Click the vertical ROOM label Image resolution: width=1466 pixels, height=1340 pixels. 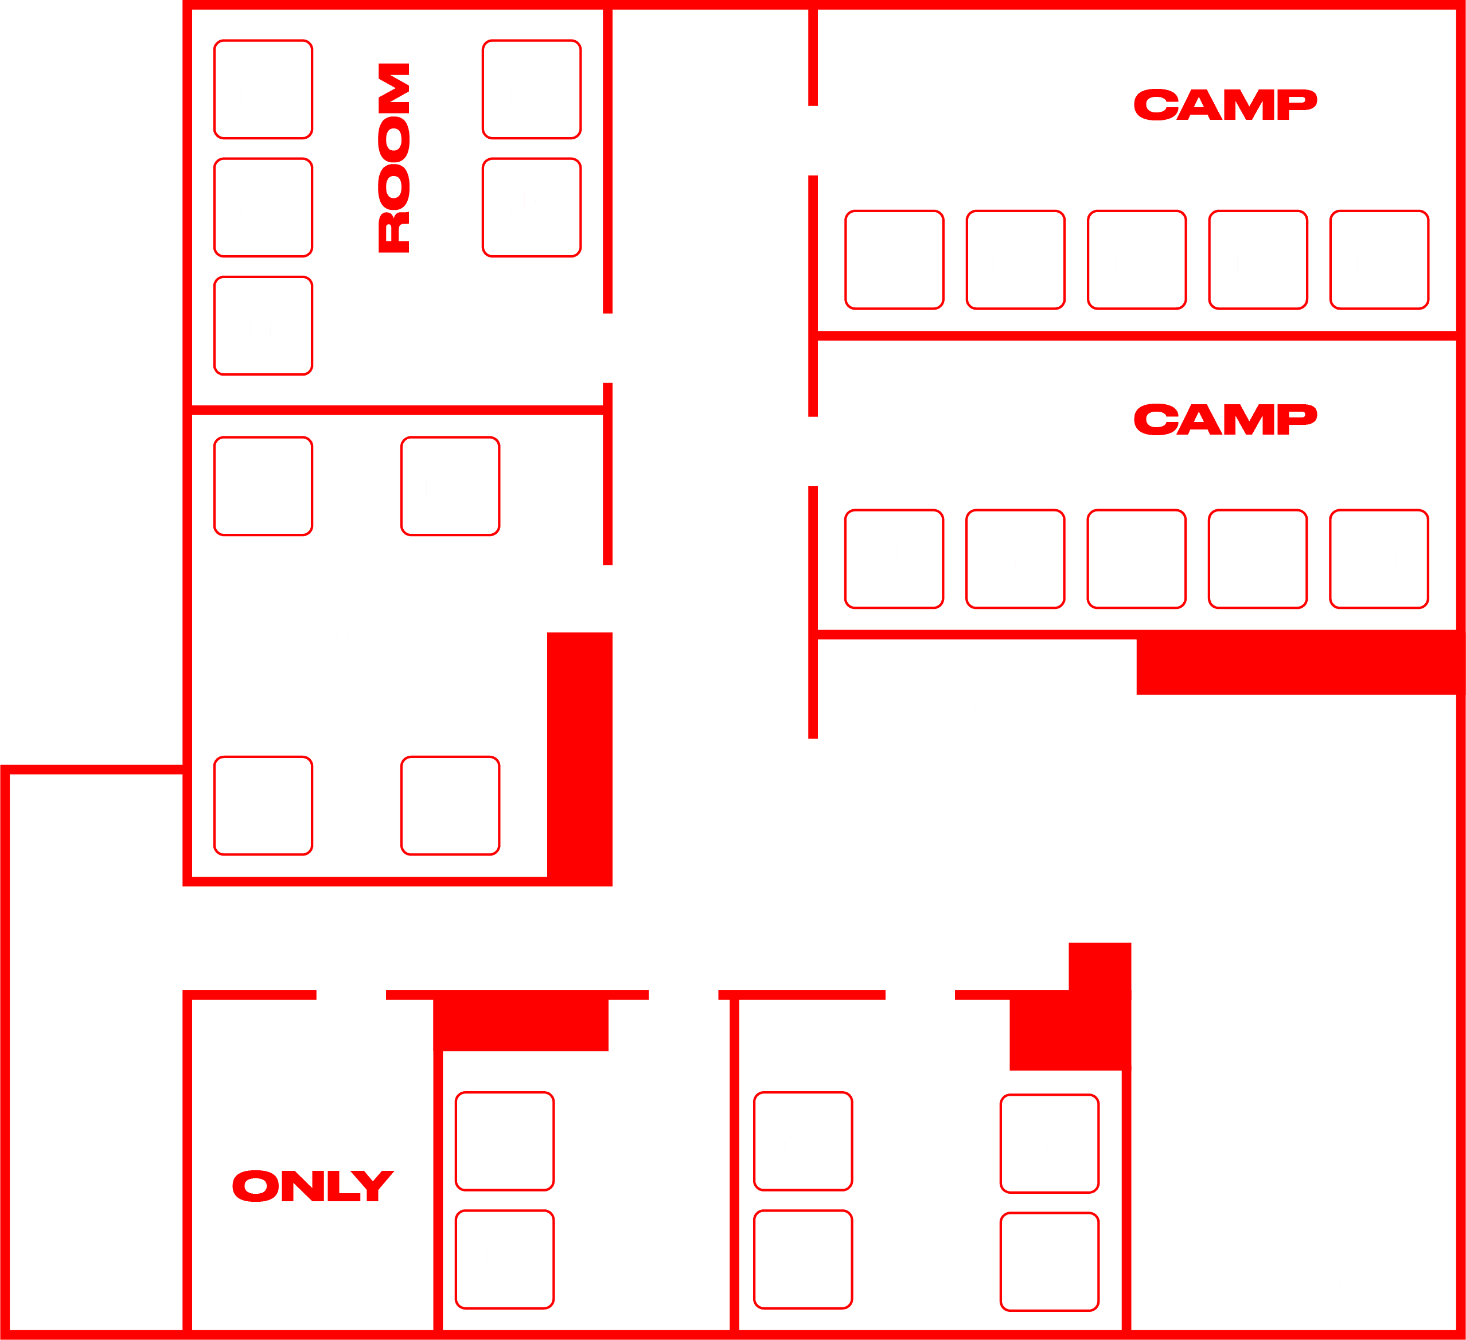[394, 158]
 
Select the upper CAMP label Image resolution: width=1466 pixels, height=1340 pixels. [1225, 105]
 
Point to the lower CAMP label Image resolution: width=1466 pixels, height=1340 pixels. [1225, 420]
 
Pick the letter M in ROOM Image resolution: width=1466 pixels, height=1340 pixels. [394, 88]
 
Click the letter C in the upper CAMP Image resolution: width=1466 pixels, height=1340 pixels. [1156, 105]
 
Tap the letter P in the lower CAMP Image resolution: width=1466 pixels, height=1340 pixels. [1297, 420]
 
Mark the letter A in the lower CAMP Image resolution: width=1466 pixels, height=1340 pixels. [1199, 420]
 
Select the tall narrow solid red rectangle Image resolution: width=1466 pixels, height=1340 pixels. [579, 759]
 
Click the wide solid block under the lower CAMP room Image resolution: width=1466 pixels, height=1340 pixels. [1301, 663]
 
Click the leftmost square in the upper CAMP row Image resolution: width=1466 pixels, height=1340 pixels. [894, 260]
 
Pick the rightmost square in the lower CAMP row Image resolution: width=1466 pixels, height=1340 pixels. [1379, 559]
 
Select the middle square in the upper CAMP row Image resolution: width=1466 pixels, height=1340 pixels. [1137, 260]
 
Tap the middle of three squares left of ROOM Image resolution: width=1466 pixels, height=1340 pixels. [263, 207]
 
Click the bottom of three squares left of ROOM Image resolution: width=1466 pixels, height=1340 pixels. [263, 326]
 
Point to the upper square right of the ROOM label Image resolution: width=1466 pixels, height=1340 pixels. [532, 89]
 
